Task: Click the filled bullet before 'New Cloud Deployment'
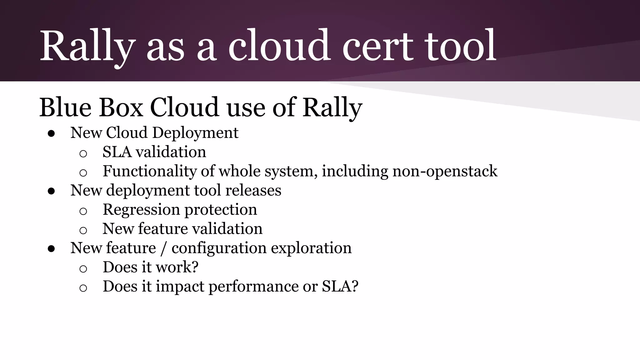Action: click(52, 134)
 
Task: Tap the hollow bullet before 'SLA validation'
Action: click(83, 153)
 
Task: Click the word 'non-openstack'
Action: click(445, 171)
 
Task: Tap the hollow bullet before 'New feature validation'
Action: click(83, 230)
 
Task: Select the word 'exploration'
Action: click(311, 248)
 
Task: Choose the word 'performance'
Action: click(253, 287)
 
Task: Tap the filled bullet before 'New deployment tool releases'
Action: click(52, 191)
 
